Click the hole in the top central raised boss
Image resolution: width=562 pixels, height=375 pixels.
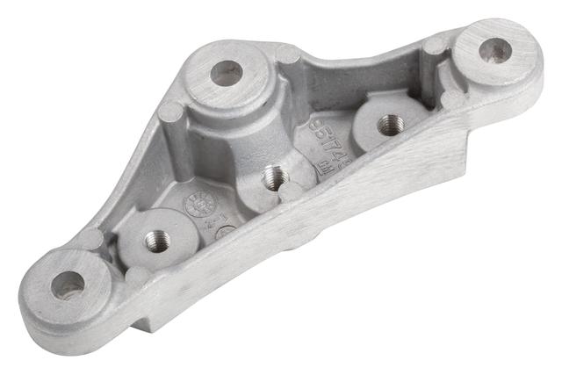227,73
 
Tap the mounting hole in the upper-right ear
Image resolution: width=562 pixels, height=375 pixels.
497,50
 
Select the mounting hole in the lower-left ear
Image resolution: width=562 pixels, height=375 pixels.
68,285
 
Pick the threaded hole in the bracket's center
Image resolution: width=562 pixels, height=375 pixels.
276,179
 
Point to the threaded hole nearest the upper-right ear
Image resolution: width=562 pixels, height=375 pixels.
390,125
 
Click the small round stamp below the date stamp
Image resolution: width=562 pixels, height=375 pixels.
226,234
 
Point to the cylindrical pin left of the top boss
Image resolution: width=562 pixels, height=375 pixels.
171,112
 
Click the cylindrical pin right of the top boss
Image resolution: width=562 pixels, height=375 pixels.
288,55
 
